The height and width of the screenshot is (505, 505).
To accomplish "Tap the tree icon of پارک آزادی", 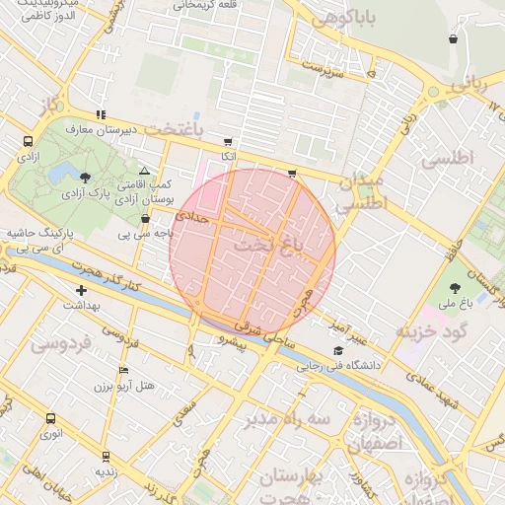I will (x=86, y=179).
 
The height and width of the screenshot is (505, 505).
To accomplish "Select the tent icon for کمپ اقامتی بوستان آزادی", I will (x=144, y=171).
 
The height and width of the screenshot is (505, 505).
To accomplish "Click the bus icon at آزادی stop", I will (x=27, y=142).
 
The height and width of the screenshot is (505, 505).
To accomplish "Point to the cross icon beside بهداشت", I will (x=81, y=290).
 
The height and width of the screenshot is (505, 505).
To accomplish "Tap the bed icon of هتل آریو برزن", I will (x=122, y=370).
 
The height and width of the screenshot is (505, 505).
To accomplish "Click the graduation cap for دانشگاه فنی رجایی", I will (x=338, y=350).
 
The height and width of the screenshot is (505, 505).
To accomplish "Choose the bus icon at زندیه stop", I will (x=106, y=457).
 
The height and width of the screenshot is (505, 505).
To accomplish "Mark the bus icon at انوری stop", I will (x=49, y=417).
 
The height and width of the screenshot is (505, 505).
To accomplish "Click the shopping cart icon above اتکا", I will (x=229, y=142).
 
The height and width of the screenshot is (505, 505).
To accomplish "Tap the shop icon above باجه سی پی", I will (x=146, y=219).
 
